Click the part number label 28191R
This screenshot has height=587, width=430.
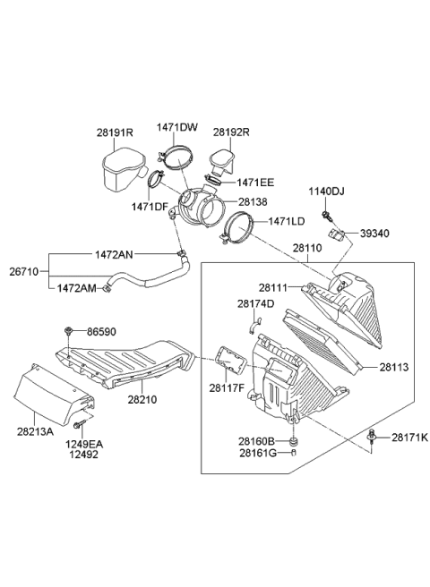coord(115,132)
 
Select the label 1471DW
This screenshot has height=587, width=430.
coord(177,127)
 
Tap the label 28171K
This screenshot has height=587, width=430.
coord(409,438)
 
